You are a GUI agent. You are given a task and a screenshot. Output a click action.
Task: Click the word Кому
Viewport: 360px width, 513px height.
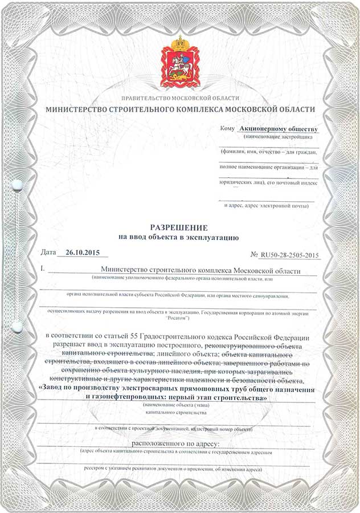tap(227, 130)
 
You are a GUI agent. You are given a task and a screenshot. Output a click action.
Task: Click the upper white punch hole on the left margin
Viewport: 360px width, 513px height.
tap(17, 184)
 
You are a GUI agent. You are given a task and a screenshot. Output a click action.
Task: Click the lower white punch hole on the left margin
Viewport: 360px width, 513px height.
tap(17, 326)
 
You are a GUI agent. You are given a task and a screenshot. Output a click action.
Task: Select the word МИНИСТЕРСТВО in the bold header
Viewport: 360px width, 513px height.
tap(77, 109)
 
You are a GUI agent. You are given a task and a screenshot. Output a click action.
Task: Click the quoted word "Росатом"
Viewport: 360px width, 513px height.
tap(181, 319)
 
